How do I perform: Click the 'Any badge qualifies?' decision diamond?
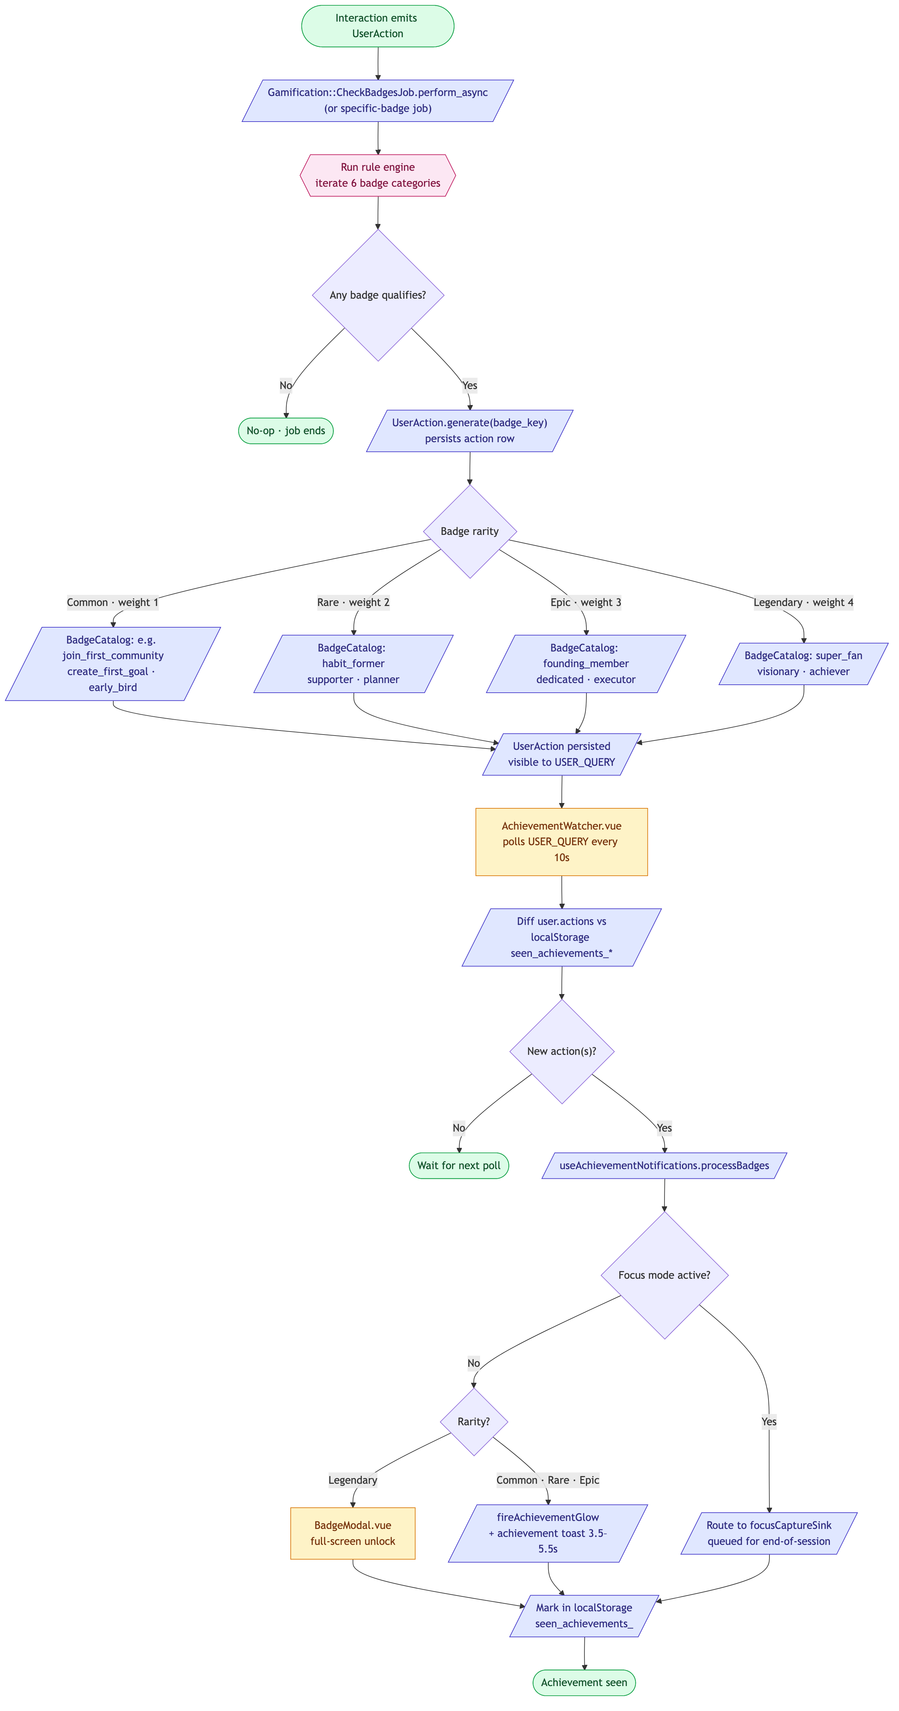[378, 295]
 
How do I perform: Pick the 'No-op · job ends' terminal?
[285, 430]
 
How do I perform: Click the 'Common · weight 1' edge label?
[112, 602]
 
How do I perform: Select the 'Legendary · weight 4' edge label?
[803, 602]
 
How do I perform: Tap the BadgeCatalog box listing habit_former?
[353, 663]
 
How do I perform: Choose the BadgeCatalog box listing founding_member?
[586, 663]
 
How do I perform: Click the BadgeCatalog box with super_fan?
[803, 663]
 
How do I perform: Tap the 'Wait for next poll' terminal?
[459, 1166]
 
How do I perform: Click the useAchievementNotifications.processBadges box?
[664, 1166]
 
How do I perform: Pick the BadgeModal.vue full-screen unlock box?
[352, 1533]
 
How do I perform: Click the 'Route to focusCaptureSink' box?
[769, 1533]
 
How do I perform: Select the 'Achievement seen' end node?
[584, 1682]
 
